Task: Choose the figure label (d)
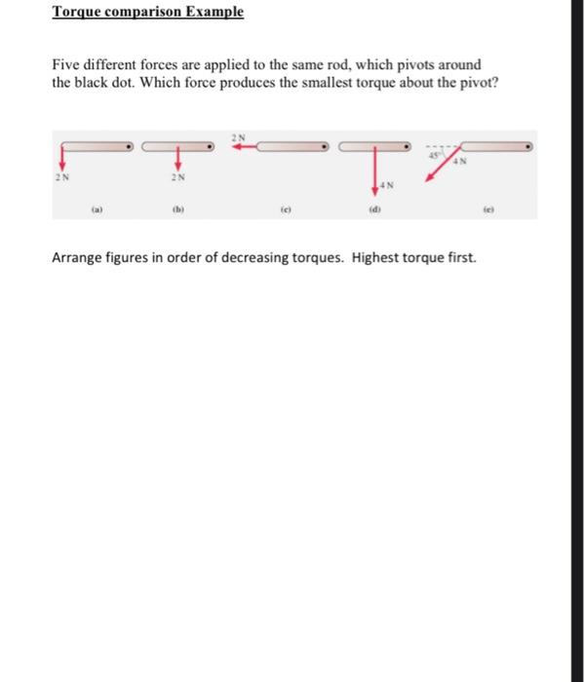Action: (375, 208)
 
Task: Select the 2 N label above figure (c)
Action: (240, 135)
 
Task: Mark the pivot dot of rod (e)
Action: (529, 147)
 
